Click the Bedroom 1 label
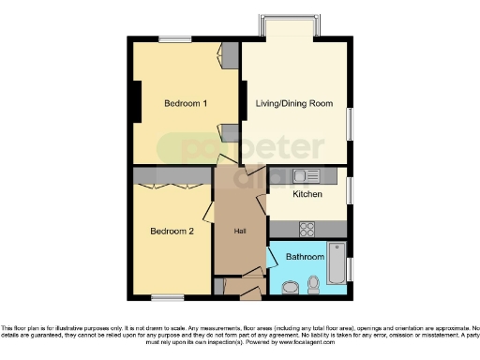pyautogui.click(x=186, y=103)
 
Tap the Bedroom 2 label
pyautogui.click(x=172, y=231)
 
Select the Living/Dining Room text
pyautogui.click(x=295, y=103)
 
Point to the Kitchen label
pyautogui.click(x=307, y=195)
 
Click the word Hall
pyautogui.click(x=240, y=232)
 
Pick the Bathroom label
pyautogui.click(x=305, y=257)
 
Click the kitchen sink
pyautogui.click(x=307, y=175)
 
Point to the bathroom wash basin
pyautogui.click(x=289, y=288)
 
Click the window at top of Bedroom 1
pyautogui.click(x=175, y=39)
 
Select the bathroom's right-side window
pyautogui.click(x=352, y=266)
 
